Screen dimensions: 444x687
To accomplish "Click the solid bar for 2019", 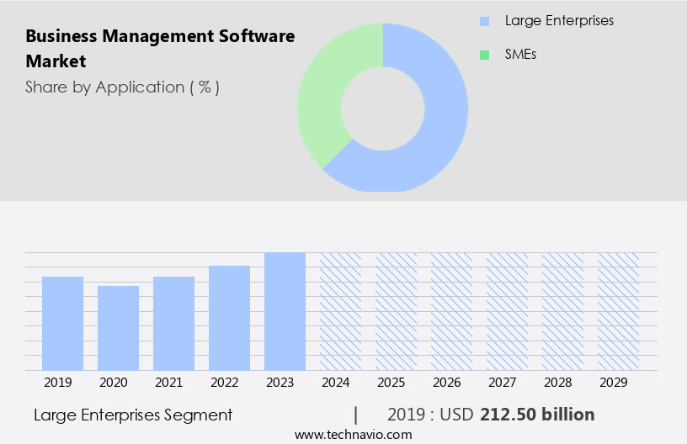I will tap(63, 324).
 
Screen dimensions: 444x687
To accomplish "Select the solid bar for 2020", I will tap(119, 328).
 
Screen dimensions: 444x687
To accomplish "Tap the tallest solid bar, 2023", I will tap(285, 311).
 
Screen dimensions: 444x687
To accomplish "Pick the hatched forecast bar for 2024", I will tap(340, 311).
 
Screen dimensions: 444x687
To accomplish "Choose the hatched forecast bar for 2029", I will tap(618, 311).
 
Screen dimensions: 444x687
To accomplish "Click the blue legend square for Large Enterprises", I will tap(484, 21).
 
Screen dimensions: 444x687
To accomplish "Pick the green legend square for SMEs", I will tap(484, 55).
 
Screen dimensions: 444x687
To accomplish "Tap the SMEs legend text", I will tap(520, 55).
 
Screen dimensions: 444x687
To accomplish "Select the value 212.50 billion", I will tap(537, 415).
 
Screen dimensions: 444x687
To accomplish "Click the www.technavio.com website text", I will tap(354, 434).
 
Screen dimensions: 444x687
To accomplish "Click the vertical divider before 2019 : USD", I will tap(356, 415).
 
